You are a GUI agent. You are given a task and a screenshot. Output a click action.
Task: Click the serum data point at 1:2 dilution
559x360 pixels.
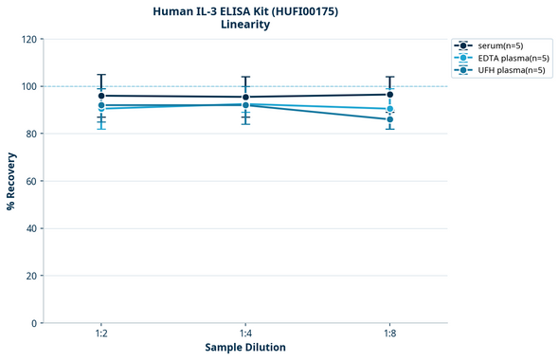pyautogui.click(x=101, y=96)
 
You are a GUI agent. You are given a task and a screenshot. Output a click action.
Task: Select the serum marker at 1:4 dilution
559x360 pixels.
pyautogui.click(x=245, y=97)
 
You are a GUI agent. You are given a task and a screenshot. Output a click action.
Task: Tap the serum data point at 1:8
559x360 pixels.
pyautogui.click(x=389, y=94)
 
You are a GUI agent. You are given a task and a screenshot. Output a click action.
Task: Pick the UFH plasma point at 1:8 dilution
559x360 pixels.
pyautogui.click(x=389, y=119)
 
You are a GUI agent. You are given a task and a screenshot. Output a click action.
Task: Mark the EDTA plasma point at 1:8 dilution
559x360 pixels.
pyautogui.click(x=389, y=109)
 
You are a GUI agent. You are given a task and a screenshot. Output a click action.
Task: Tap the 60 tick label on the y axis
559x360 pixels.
pyautogui.click(x=30, y=181)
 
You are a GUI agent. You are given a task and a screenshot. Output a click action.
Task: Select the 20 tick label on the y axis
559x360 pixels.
pyautogui.click(x=30, y=276)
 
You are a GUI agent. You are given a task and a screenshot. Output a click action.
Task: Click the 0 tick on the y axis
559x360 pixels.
pyautogui.click(x=33, y=323)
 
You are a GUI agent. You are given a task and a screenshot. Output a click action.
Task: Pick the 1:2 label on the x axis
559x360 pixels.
pyautogui.click(x=101, y=334)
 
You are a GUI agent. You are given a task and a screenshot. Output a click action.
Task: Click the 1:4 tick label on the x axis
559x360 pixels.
pyautogui.click(x=245, y=334)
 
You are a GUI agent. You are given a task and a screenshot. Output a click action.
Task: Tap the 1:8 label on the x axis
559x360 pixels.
pyautogui.click(x=389, y=334)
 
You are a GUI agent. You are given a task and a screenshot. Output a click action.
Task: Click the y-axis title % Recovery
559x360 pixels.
pyautogui.click(x=11, y=181)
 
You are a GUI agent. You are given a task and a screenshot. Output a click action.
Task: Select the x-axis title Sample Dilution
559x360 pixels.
pyautogui.click(x=245, y=348)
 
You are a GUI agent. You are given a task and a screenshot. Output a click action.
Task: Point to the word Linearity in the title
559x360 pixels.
pyautogui.click(x=244, y=25)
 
